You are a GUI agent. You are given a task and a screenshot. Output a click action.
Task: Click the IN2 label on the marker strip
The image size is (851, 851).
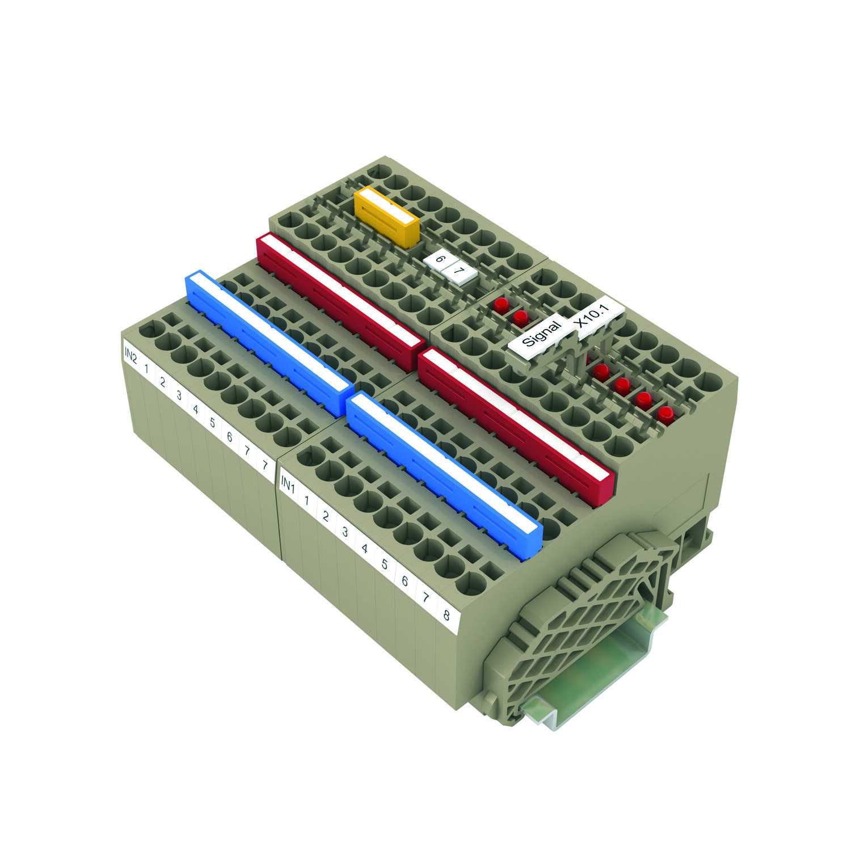coord(130,356)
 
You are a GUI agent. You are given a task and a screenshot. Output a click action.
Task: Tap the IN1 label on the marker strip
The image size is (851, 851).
coord(288,485)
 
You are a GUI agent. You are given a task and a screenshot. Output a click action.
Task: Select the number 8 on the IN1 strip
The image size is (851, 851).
coord(446,614)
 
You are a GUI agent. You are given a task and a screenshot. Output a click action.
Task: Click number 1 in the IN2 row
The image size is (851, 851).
coord(146,369)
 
